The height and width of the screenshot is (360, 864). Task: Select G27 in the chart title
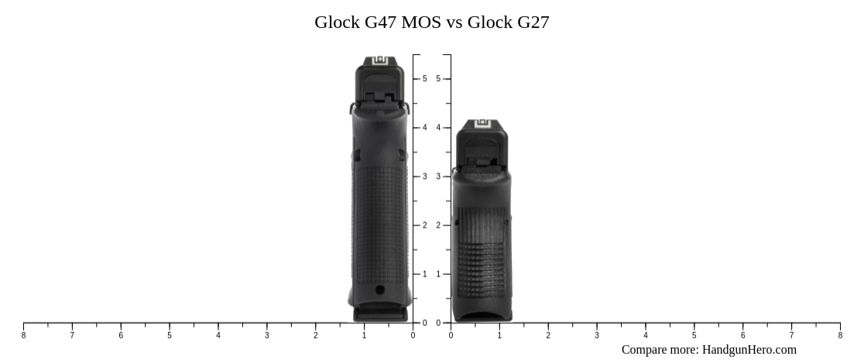point(529,22)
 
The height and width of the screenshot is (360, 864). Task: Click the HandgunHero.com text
point(749,350)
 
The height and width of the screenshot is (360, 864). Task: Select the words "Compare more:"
point(660,350)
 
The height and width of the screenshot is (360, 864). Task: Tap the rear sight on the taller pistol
point(380,61)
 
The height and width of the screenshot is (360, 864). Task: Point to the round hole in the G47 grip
point(379,290)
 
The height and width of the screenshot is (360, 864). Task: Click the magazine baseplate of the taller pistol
point(380,314)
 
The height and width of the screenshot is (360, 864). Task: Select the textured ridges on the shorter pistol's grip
point(482,267)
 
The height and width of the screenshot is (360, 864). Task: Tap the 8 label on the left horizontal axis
point(23,335)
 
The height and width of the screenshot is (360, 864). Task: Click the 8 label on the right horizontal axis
point(840,335)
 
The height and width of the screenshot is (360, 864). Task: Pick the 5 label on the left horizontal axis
point(170,335)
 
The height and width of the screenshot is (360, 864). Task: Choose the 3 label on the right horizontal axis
point(597,335)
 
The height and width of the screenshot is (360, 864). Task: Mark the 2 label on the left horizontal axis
point(316,335)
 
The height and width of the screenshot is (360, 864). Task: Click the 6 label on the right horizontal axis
point(742,335)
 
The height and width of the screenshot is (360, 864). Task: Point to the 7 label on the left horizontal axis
point(72,335)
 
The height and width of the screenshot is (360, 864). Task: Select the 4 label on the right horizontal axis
point(646,335)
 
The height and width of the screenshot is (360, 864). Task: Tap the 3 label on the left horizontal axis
point(267,335)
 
